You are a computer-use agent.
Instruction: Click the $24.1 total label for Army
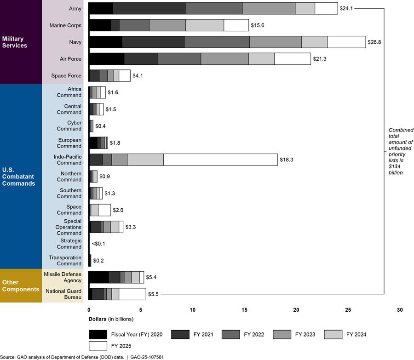pyautogui.click(x=345, y=8)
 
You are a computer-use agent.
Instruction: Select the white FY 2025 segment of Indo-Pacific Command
pyautogui.click(x=220, y=160)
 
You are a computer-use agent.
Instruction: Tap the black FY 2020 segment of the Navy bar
pyautogui.click(x=105, y=42)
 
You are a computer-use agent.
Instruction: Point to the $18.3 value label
pyautogui.click(x=286, y=160)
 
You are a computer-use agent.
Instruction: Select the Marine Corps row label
pyautogui.click(x=65, y=25)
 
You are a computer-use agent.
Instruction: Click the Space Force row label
pyautogui.click(x=67, y=75)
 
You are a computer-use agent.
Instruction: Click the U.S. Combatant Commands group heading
pyautogui.click(x=18, y=177)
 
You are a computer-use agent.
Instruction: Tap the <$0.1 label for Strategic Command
pyautogui.click(x=98, y=243)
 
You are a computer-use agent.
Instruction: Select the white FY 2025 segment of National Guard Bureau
pyautogui.click(x=132, y=294)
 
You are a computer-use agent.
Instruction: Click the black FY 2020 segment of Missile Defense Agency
pyautogui.click(x=98, y=277)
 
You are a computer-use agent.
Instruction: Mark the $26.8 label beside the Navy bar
pyautogui.click(x=374, y=42)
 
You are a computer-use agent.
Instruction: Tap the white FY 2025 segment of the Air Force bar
pyautogui.click(x=293, y=59)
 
